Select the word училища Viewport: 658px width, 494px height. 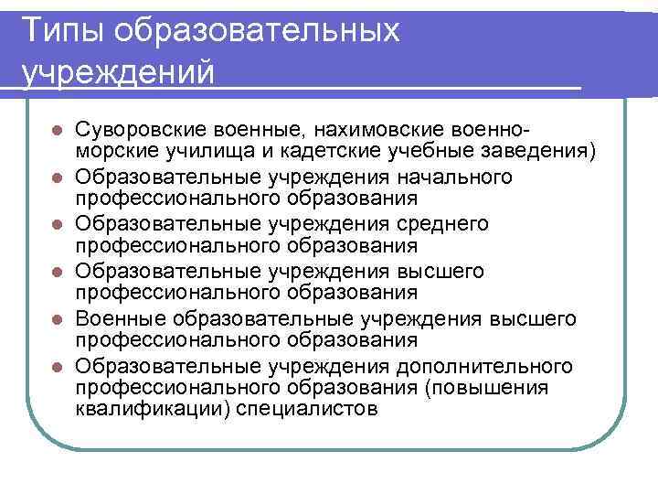tap(182, 150)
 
